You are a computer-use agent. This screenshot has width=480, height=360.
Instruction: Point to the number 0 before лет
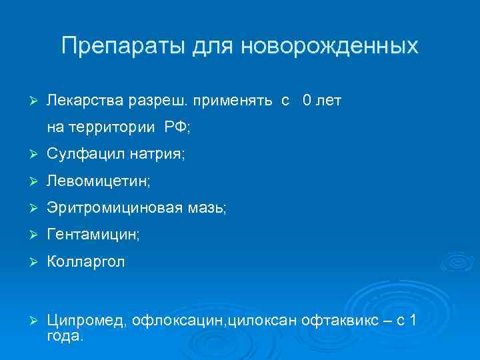tap(306, 101)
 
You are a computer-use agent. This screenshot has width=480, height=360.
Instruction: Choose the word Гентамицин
tap(93, 235)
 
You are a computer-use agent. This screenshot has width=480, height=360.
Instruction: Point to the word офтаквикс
tap(341, 322)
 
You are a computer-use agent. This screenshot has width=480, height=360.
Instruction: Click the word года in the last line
tap(65, 336)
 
